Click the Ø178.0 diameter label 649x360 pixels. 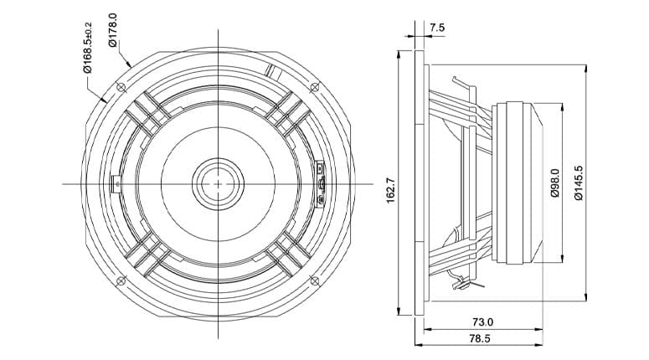pyautogui.click(x=113, y=30)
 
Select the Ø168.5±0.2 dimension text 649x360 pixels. pyautogui.click(x=87, y=47)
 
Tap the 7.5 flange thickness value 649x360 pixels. pyautogui.click(x=437, y=28)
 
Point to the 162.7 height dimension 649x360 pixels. pyautogui.click(x=391, y=190)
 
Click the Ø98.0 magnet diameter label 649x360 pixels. pyautogui.click(x=555, y=183)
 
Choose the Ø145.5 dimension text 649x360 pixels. pyautogui.click(x=578, y=183)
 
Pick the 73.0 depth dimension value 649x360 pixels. pyautogui.click(x=482, y=321)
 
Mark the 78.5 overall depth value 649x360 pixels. pyautogui.click(x=480, y=338)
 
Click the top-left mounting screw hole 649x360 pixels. pyautogui.click(x=121, y=87)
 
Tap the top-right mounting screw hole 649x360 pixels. pyautogui.click(x=315, y=87)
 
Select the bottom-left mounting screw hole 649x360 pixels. pyautogui.click(x=121, y=281)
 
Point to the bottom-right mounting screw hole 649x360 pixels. pyautogui.click(x=315, y=281)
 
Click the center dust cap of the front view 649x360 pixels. pyautogui.click(x=218, y=183)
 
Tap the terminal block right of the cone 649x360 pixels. pyautogui.click(x=321, y=183)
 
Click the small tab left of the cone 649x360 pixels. pyautogui.click(x=116, y=183)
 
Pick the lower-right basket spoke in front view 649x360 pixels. pyautogui.click(x=288, y=253)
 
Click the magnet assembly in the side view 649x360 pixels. pyautogui.click(x=518, y=183)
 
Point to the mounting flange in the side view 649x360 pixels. pyautogui.click(x=420, y=183)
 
